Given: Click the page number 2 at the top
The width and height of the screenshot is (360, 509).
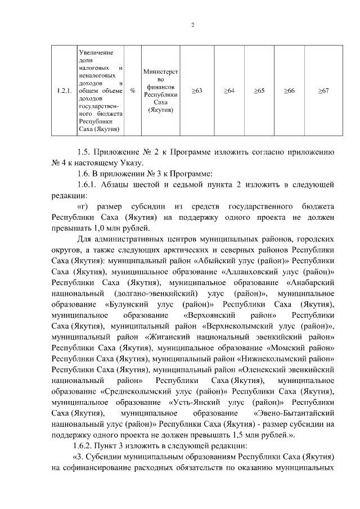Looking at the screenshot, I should (x=192, y=25).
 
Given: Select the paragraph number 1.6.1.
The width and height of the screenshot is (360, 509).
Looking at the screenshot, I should (x=88, y=185).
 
